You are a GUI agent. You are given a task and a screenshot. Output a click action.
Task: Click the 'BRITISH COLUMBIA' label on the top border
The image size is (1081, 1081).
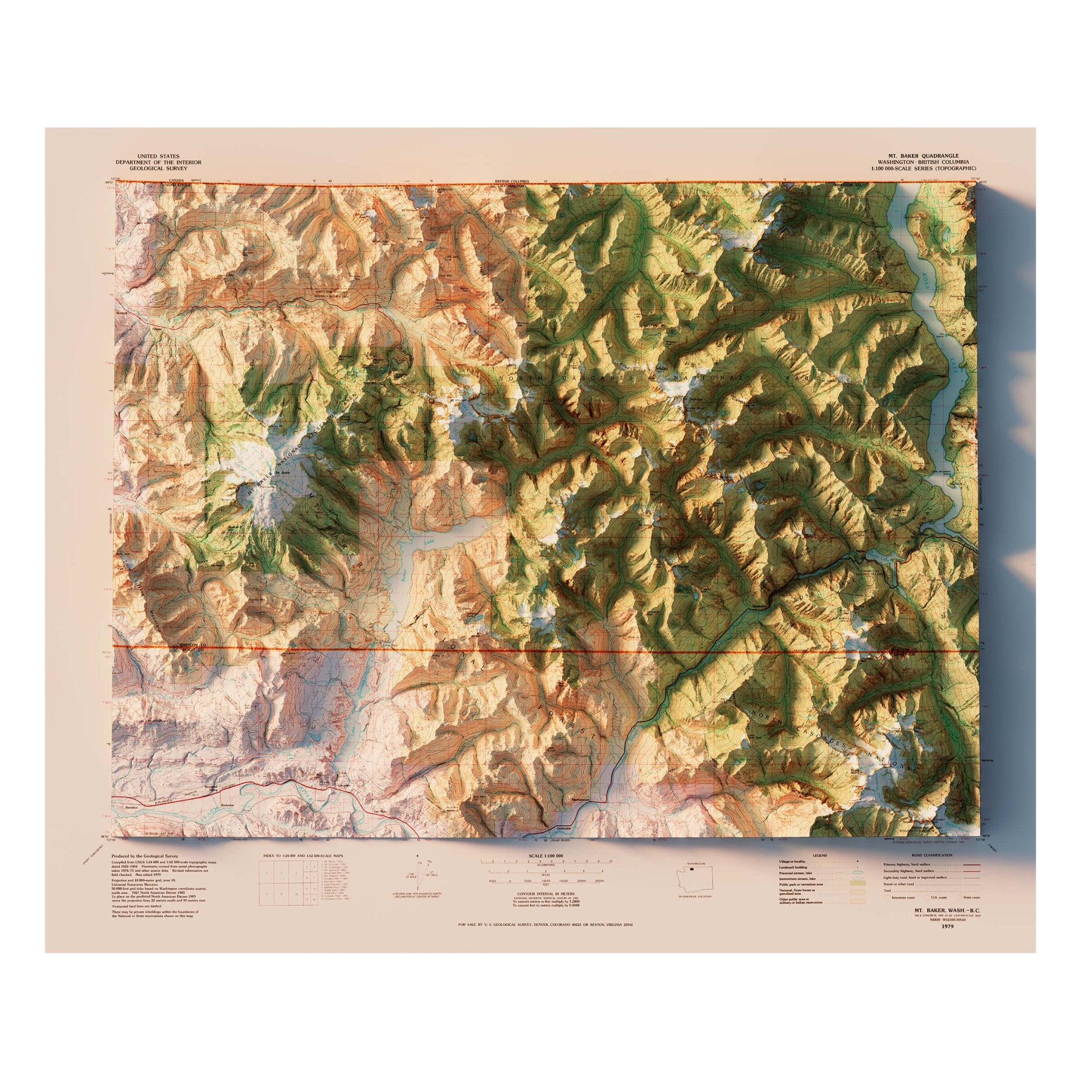512,182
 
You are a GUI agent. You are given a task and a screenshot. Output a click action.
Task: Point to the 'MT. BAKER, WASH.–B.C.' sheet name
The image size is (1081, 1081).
948,911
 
